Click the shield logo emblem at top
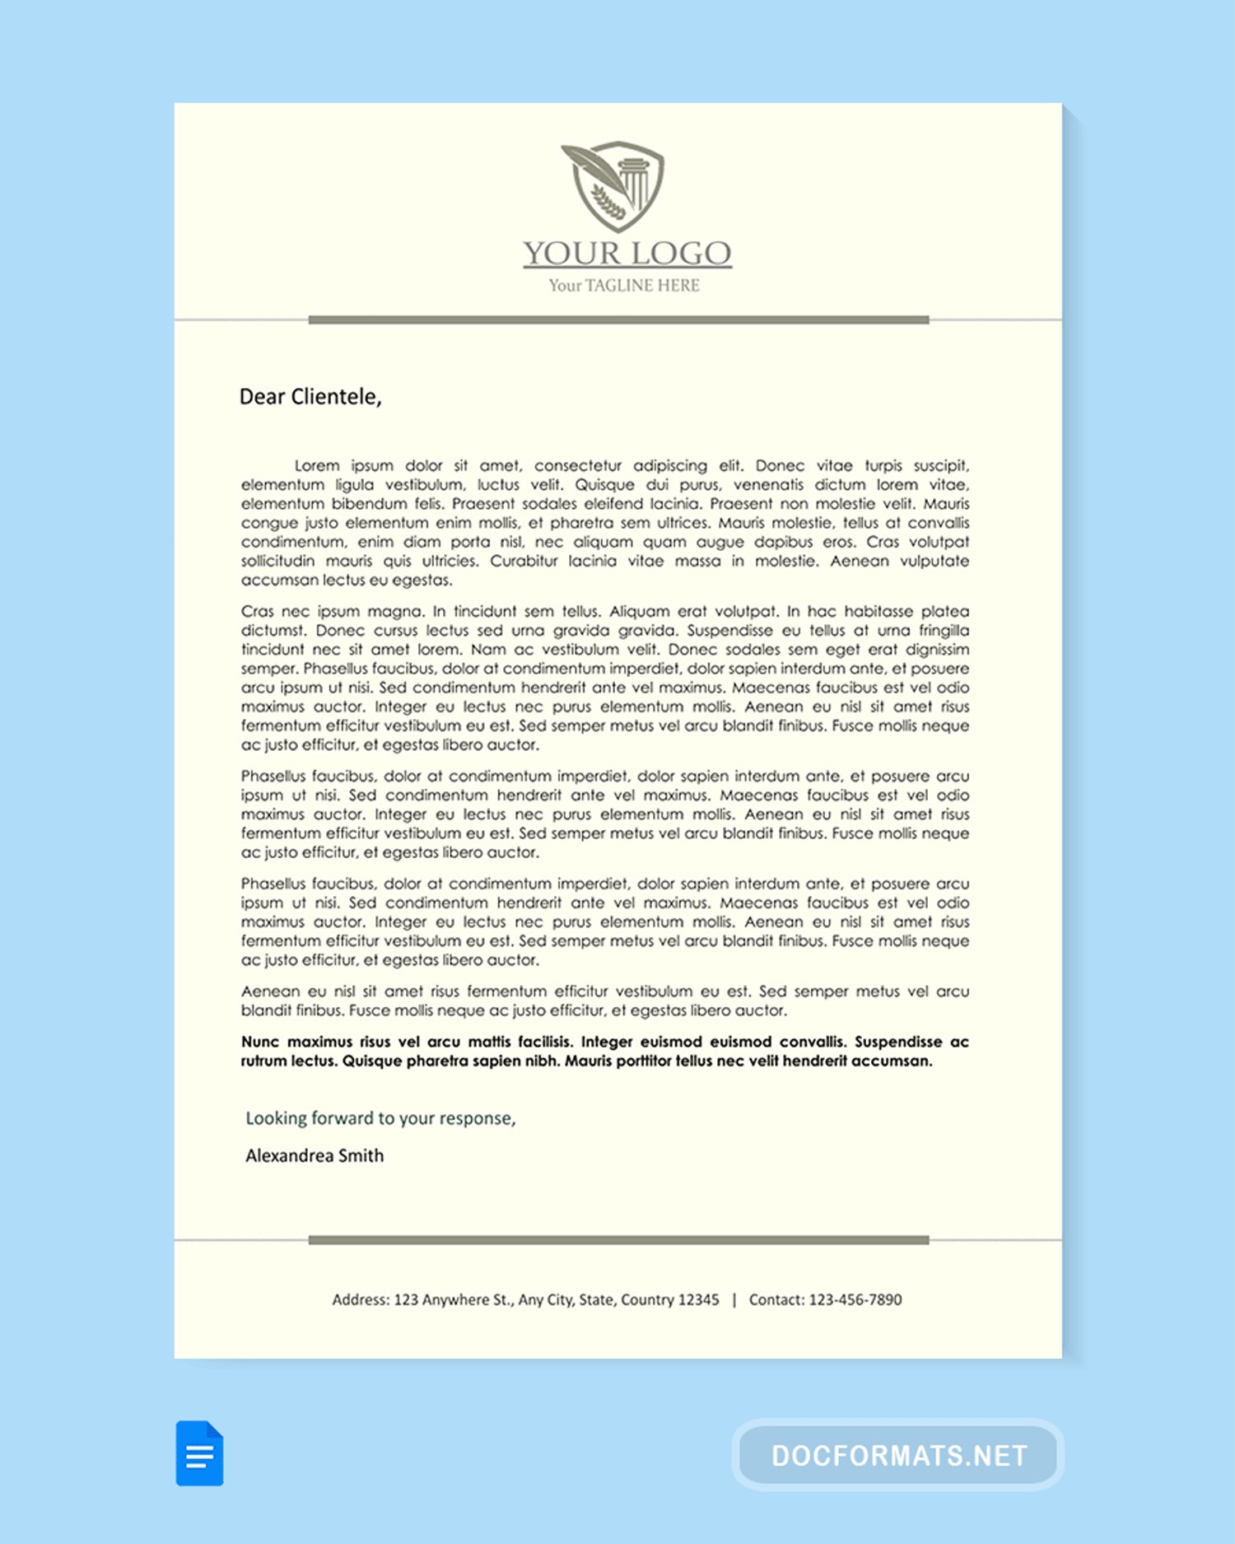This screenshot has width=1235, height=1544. coord(613,186)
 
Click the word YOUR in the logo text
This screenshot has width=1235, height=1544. coord(571,253)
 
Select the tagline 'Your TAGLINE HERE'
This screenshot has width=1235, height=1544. coord(624,286)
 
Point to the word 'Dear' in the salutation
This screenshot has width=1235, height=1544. coord(262,397)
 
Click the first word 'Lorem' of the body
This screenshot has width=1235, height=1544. coord(317,466)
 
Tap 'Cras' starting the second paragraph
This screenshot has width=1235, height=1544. coord(257,612)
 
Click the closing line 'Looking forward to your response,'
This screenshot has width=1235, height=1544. coord(380,1118)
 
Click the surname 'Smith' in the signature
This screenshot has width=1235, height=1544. coord(361,1156)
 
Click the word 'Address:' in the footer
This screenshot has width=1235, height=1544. coord(361,1299)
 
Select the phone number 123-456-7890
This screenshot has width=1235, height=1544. coord(855,1299)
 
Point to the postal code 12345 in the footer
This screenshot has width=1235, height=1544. coord(698,1299)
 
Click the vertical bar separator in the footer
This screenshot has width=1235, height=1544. coord(734,1299)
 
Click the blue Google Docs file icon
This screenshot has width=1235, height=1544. coord(199,1453)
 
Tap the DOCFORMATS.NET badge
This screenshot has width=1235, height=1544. coord(898,1455)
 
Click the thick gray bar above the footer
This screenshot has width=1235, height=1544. coord(618,1239)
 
